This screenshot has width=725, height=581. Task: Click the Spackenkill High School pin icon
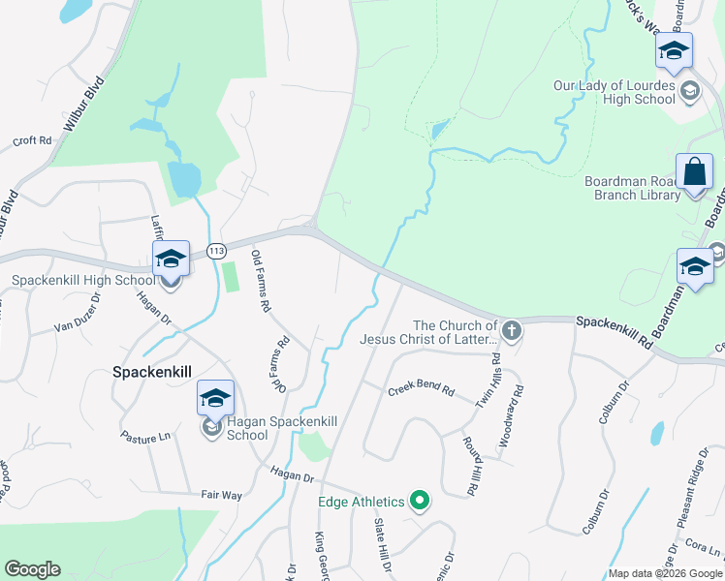point(171,259)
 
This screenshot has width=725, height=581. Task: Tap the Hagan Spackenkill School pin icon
point(215,398)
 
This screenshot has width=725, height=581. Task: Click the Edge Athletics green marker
point(419,501)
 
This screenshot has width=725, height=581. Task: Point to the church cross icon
point(512,332)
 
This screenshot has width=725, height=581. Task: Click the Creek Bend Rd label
point(422,390)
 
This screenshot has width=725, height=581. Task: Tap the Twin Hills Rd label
point(495,371)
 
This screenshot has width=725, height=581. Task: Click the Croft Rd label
point(33,140)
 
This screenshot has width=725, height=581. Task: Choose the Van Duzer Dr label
point(78,325)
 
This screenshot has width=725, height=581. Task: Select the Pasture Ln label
point(145,438)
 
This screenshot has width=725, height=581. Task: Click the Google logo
point(33,569)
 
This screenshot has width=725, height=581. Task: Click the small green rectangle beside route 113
point(230,277)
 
